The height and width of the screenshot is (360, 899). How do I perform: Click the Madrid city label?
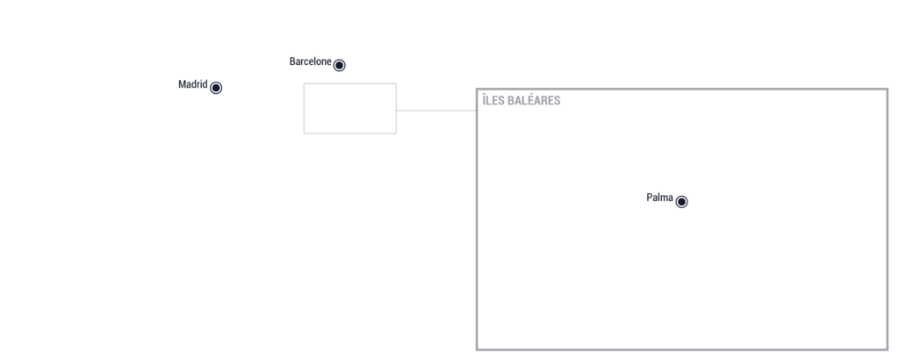point(192,84)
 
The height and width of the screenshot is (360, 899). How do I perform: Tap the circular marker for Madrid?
point(216,88)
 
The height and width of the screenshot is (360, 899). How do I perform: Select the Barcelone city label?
point(310,61)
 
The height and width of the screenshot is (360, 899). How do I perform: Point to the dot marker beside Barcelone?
point(340,65)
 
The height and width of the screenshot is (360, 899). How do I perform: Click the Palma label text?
point(660,198)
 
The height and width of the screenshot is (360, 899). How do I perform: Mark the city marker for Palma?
point(681,202)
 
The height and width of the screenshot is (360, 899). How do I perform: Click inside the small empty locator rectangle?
point(349,108)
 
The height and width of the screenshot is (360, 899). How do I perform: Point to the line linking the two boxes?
point(436,110)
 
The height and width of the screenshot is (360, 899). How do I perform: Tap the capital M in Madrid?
point(183,84)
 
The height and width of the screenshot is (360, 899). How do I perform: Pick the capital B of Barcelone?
point(292,61)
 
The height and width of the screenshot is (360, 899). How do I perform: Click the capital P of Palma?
point(650,198)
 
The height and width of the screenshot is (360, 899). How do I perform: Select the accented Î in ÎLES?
point(484,100)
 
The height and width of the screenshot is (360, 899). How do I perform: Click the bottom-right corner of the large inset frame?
point(888,349)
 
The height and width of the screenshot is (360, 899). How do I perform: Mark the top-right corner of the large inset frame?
point(888,89)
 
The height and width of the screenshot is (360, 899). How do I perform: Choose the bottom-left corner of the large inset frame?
point(477,349)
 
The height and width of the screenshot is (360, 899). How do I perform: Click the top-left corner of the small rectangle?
point(304,83)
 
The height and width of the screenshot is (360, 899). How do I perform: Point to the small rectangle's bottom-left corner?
point(304,133)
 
